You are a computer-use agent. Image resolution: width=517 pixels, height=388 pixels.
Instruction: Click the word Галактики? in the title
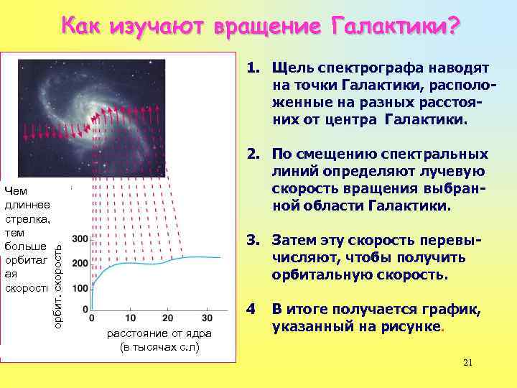(x=394, y=27)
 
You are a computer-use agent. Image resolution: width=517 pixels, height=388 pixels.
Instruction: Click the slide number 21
(x=468, y=362)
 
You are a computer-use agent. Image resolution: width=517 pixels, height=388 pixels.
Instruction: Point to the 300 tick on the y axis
(x=80, y=239)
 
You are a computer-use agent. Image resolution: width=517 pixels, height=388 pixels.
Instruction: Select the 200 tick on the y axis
(x=80, y=263)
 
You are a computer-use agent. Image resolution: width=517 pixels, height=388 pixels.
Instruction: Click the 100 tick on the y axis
(x=80, y=288)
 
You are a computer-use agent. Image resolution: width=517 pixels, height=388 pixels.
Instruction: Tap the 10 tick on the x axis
(x=131, y=318)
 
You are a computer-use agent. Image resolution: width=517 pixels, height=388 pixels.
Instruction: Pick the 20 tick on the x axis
(x=169, y=318)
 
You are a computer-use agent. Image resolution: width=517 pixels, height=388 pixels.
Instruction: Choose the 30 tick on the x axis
(x=207, y=318)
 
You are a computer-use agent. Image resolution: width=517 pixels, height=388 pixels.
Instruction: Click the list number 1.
(x=252, y=68)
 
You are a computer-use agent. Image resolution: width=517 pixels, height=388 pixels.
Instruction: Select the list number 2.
(x=252, y=154)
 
